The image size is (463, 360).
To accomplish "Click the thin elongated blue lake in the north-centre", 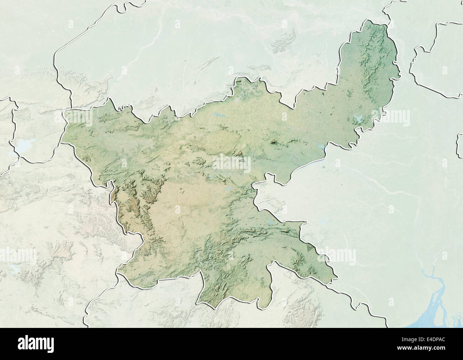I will click(x=219, y=115).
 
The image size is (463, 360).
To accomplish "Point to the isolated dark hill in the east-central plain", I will click(x=274, y=143).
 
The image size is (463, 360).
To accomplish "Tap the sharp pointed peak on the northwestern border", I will click(x=111, y=99).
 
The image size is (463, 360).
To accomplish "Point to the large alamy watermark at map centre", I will click(x=231, y=164).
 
